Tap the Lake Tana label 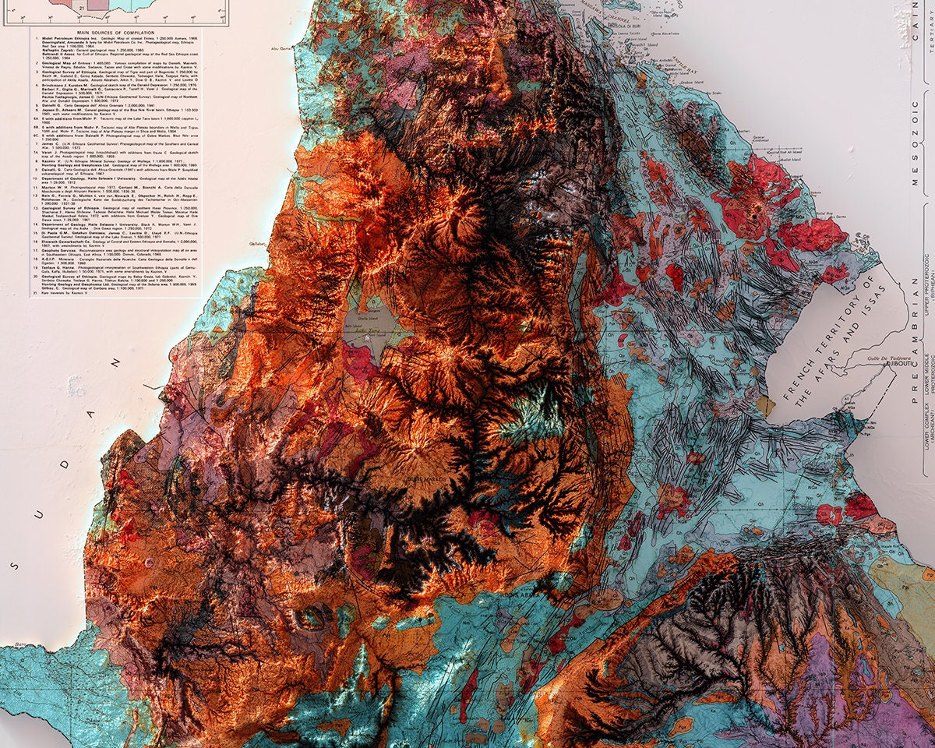(364, 330)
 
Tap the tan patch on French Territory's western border (766, 406)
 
